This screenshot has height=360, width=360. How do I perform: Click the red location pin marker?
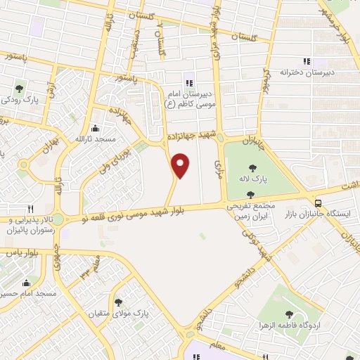click(x=181, y=165)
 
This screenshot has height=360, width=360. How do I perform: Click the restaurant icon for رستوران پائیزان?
click(x=30, y=209)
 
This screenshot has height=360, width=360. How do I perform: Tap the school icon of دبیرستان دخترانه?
click(x=307, y=61)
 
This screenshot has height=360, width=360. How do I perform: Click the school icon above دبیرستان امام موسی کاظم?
click(x=188, y=77)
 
